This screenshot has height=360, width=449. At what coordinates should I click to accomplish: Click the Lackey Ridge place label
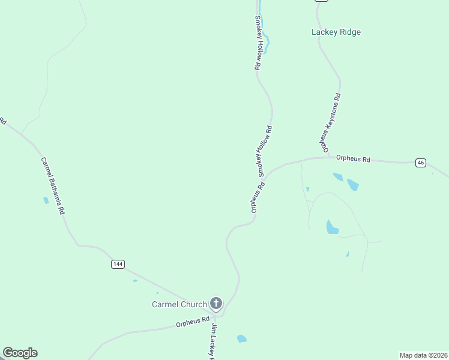[336, 32]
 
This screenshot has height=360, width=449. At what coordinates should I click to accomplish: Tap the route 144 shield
[118, 264]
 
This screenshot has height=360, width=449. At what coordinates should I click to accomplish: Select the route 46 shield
[421, 163]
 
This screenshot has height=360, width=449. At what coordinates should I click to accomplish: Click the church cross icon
[215, 304]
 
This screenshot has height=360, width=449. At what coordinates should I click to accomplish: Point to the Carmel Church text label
[179, 304]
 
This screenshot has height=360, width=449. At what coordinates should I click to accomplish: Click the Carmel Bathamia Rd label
[53, 186]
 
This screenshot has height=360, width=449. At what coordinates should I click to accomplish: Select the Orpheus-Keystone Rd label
[330, 122]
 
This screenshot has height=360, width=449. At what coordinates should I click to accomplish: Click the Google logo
[20, 353]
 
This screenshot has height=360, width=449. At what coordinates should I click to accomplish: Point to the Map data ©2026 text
[423, 355]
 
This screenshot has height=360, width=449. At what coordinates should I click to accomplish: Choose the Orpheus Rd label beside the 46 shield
[353, 159]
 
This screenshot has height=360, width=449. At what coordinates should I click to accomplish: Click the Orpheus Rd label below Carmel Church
[192, 323]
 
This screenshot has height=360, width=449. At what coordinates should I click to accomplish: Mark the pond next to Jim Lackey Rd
[241, 338]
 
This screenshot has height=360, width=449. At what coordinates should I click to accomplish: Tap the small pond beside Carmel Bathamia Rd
[46, 200]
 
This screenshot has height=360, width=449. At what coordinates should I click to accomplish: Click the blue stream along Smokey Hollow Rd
[265, 39]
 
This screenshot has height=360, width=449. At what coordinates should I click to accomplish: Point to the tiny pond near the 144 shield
[135, 280]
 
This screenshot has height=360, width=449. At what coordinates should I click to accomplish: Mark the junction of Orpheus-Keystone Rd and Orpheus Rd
[329, 157]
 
